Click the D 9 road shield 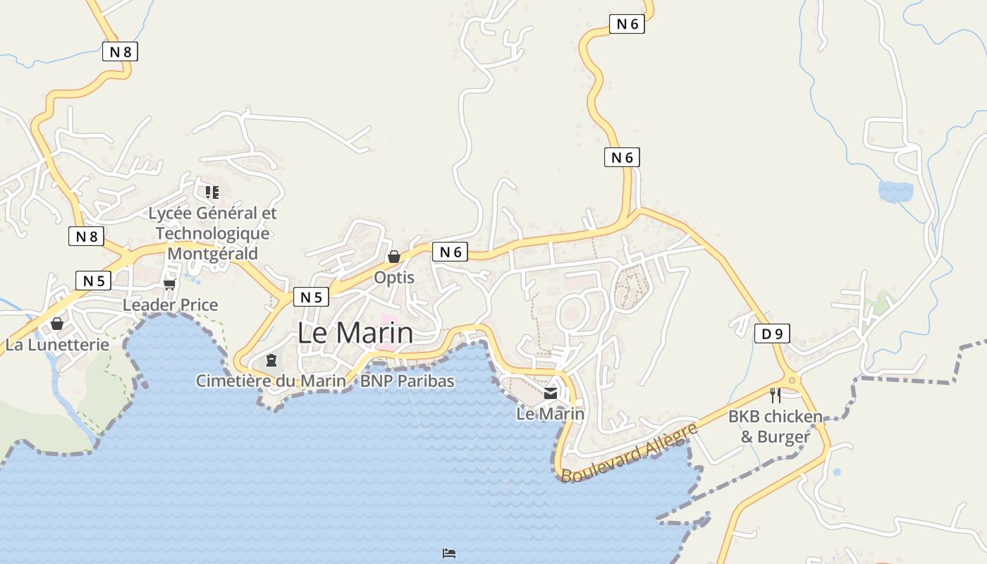(772, 333)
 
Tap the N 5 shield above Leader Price (93, 281)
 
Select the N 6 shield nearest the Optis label (450, 252)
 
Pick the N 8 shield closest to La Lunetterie (86, 236)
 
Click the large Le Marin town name (355, 333)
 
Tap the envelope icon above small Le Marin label (551, 393)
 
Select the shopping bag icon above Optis (394, 257)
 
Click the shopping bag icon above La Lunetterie (57, 324)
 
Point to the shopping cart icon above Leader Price (169, 284)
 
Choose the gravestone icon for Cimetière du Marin (271, 360)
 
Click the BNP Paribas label (407, 381)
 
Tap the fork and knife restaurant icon (775, 395)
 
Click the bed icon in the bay (449, 553)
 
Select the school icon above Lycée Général (212, 192)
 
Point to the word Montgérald (213, 253)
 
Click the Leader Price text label (171, 305)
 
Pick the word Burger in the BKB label (783, 437)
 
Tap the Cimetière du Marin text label (271, 381)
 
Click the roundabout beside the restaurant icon (792, 381)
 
